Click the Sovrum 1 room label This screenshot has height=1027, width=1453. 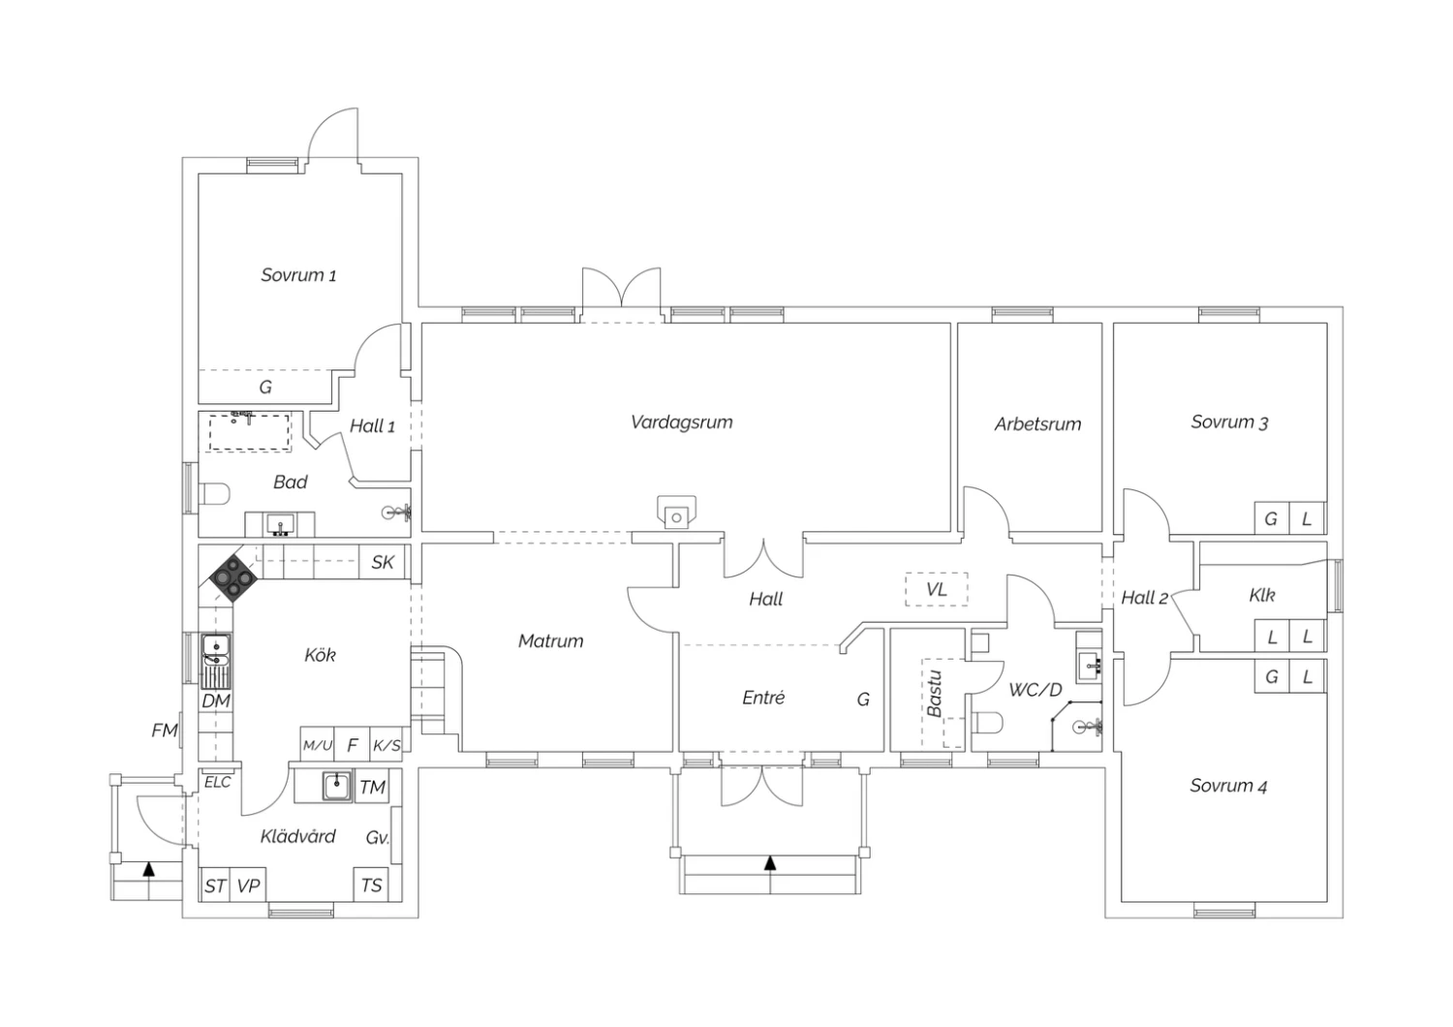(298, 275)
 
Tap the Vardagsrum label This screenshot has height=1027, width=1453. (682, 422)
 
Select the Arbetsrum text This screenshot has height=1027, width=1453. (1037, 424)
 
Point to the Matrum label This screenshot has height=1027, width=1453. (551, 641)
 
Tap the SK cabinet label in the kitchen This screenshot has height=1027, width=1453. (382, 562)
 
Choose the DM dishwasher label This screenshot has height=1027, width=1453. (216, 700)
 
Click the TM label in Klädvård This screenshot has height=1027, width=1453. (372, 788)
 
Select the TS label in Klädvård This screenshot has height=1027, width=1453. (371, 886)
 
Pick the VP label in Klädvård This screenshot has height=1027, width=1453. (248, 886)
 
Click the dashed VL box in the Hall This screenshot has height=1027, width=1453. (936, 590)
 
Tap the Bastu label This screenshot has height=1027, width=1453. (934, 694)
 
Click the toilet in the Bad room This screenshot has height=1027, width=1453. (214, 494)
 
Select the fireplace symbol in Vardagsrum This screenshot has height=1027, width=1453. (676, 513)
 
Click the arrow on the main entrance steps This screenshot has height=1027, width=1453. (770, 863)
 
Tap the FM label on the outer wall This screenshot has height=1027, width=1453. (164, 731)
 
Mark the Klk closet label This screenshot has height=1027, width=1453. (1261, 595)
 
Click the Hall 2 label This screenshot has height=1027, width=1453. (1144, 598)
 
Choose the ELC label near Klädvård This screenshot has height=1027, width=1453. (217, 783)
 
